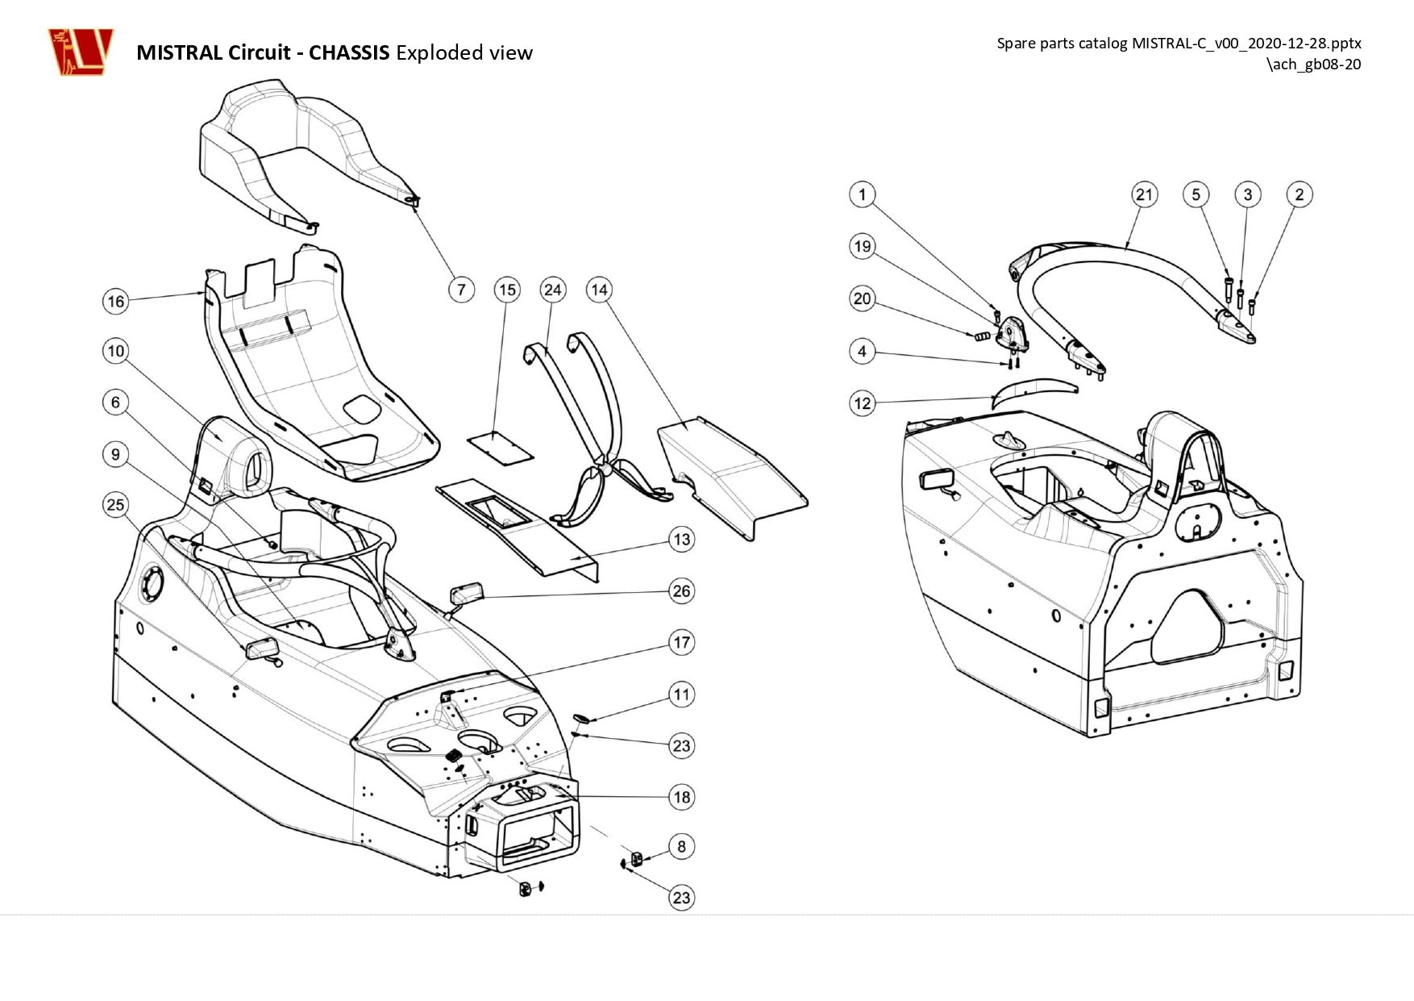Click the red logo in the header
[x=80, y=52]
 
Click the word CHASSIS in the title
[x=349, y=52]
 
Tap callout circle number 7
[x=461, y=289]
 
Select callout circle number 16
[x=116, y=301]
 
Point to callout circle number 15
[x=507, y=289]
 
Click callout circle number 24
[x=553, y=289]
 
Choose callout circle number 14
[x=599, y=289]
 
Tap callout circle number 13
[x=682, y=539]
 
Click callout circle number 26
[x=682, y=590]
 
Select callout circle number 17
[x=682, y=642]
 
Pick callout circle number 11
[x=682, y=694]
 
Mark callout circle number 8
[x=682, y=846]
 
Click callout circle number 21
[x=1145, y=194]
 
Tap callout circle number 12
[x=863, y=402]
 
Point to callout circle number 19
[x=863, y=246]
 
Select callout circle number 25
[x=116, y=505]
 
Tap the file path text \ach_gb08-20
[x=1314, y=65]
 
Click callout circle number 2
[x=1300, y=194]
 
